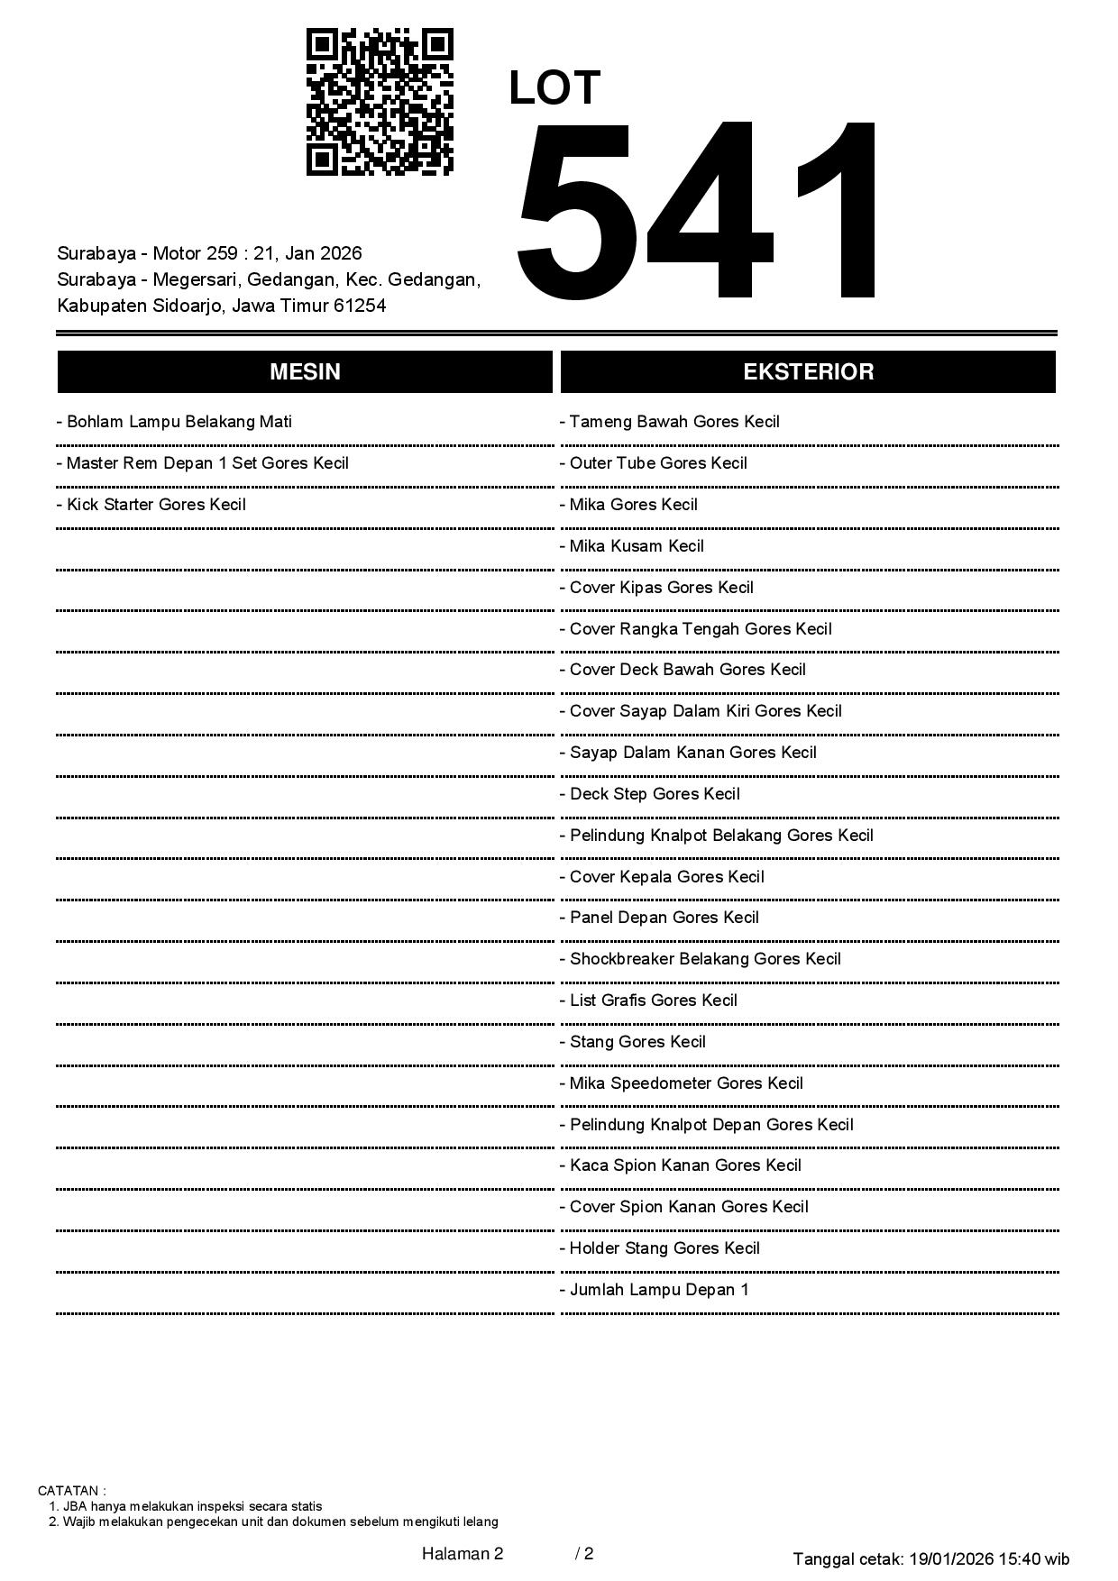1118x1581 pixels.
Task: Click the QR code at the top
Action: pos(380,102)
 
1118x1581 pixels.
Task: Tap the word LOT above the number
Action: pos(554,88)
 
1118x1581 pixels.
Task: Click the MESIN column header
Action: pos(305,372)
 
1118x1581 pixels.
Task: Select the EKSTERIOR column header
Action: pos(808,372)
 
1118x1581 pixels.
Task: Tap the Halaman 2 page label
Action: pos(462,1553)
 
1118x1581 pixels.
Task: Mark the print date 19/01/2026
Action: pos(950,1558)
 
